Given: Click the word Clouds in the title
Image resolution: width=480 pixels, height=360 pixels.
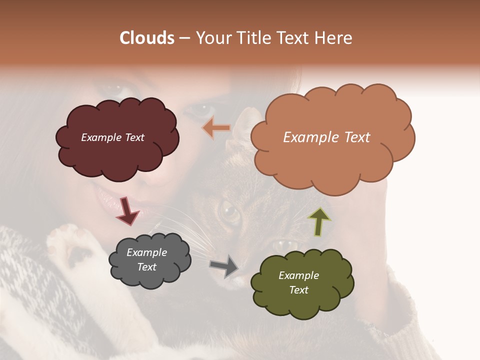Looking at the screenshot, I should click(x=147, y=38).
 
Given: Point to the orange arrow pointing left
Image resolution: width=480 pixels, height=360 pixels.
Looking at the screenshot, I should click(x=216, y=128).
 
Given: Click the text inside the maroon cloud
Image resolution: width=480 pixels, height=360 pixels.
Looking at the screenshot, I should click(x=112, y=137).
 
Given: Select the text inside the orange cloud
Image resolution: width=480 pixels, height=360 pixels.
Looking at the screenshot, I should click(x=326, y=137).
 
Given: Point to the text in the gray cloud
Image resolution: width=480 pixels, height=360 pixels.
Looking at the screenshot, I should click(x=146, y=260).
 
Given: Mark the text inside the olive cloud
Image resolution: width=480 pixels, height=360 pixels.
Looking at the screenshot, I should click(x=298, y=282).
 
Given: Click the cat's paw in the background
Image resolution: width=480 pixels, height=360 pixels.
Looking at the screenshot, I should click(x=70, y=245).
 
